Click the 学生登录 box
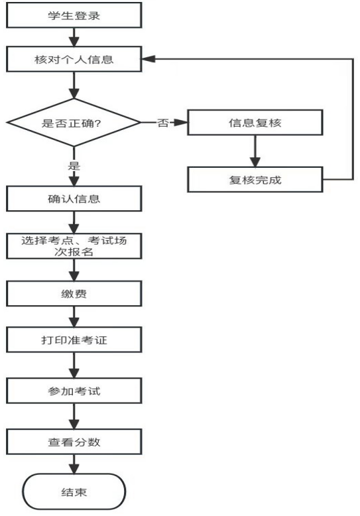point(74,15)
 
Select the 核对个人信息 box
point(74,59)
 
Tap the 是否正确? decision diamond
point(74,123)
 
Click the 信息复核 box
point(255,123)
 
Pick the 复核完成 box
point(255,180)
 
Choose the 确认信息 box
point(74,198)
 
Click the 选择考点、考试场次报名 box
point(74,246)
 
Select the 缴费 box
point(74,294)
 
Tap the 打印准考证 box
point(74,340)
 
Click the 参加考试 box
point(74,391)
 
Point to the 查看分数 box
point(74,442)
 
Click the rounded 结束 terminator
point(74,491)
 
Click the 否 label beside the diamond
point(163,123)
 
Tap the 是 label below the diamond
point(74,165)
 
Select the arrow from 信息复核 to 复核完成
point(255,151)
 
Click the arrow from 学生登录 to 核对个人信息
point(74,37)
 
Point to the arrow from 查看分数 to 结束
point(74,464)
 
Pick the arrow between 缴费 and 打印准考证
point(74,316)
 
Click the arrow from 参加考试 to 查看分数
point(74,417)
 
